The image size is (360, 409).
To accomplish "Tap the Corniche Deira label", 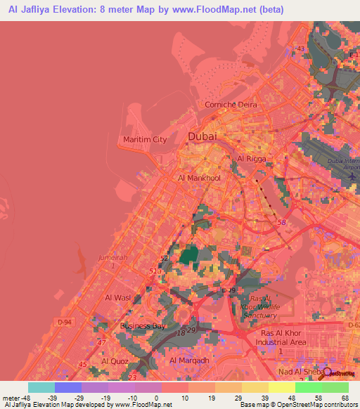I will click(231, 105).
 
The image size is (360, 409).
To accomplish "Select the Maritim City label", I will click(145, 139).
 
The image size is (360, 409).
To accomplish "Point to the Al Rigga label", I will click(250, 160).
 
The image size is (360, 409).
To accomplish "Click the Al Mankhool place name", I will click(200, 178).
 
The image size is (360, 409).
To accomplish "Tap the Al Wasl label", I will click(118, 298).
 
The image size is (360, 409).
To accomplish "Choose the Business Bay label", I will click(143, 326).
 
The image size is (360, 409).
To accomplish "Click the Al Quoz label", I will click(115, 361).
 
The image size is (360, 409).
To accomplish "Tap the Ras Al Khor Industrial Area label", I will click(283, 337).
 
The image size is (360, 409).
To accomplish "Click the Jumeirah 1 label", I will click(114, 261).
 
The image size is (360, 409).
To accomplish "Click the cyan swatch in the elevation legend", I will click(41, 387).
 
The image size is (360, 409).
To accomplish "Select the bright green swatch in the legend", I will click(309, 387).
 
